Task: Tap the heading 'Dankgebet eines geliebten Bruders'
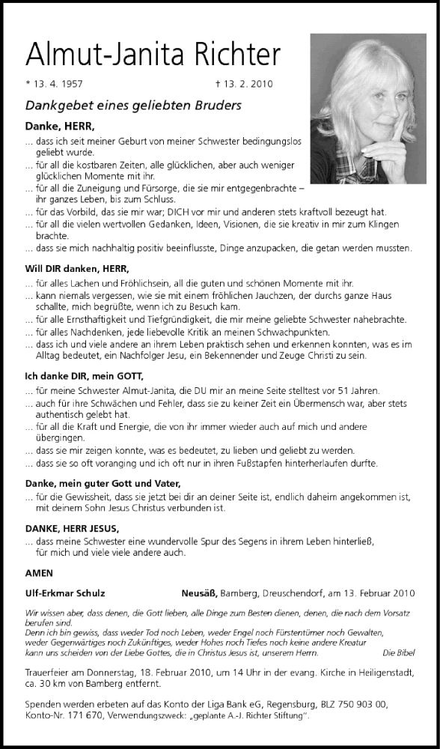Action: point(133,106)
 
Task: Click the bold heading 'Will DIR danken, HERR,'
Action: point(76,268)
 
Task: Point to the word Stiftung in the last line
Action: point(285,716)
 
